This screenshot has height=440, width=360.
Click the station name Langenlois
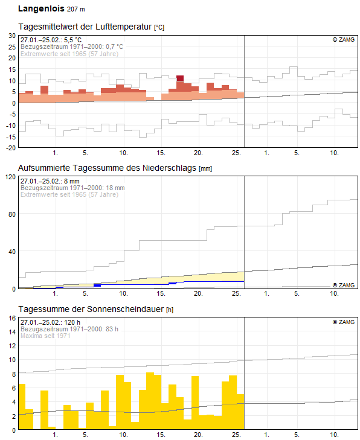[x=40, y=9]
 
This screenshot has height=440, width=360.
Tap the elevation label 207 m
[x=76, y=10]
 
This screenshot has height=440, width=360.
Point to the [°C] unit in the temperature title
[x=159, y=28]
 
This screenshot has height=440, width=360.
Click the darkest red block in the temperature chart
[x=180, y=78]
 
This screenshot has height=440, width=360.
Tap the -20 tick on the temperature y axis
[x=10, y=147]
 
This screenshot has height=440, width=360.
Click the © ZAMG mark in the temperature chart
[x=344, y=39]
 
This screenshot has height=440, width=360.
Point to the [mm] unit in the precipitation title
[x=205, y=168]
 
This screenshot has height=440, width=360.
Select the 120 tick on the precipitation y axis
[x=10, y=177]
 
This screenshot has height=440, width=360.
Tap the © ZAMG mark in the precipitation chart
[x=344, y=285]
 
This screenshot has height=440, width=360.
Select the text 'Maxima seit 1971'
[x=46, y=336]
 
